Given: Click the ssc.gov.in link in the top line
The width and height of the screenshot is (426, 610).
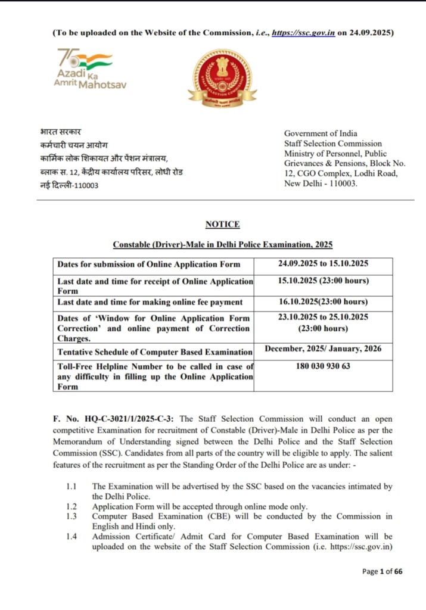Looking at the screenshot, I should [302, 33].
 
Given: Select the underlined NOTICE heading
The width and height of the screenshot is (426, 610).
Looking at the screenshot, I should [222, 225].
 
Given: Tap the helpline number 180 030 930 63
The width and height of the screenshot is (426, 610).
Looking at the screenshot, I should [323, 366].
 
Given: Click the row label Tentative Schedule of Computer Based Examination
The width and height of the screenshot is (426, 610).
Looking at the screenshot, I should [155, 351].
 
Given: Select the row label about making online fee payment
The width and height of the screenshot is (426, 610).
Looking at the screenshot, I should [150, 303].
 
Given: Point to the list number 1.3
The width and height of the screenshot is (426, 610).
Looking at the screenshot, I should [71, 516].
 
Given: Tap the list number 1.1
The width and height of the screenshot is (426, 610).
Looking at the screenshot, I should [71, 486].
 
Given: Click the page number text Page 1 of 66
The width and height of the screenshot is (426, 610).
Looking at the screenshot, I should [382, 572].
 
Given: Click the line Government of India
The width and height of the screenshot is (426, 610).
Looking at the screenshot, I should [321, 133].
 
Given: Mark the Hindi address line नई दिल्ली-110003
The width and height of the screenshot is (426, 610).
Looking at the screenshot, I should [66, 185].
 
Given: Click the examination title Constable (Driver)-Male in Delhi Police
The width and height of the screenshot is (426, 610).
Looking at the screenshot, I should [222, 245].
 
